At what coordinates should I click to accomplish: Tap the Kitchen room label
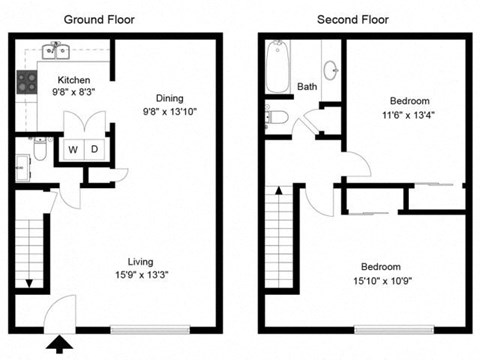pyautogui.click(x=74, y=80)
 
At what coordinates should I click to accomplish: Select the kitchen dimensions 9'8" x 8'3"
pyautogui.click(x=74, y=92)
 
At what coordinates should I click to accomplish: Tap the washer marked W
pyautogui.click(x=73, y=149)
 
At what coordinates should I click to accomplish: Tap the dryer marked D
pyautogui.click(x=94, y=149)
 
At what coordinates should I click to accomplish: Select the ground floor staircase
pyautogui.click(x=33, y=250)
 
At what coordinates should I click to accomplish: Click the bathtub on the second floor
pyautogui.click(x=278, y=66)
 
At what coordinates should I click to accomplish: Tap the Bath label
pyautogui.click(x=307, y=87)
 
